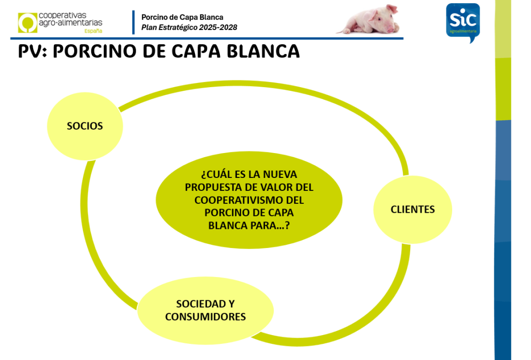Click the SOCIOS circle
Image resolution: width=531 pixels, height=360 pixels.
point(85,126)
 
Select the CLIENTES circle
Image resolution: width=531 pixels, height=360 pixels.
point(412,209)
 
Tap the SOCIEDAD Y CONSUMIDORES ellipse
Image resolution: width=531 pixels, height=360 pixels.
point(205,310)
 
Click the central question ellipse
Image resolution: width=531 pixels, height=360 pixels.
point(249,200)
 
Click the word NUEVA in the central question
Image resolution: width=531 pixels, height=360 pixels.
point(280,174)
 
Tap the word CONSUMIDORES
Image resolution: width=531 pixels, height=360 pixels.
point(205,316)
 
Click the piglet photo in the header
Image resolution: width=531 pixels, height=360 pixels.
point(369,20)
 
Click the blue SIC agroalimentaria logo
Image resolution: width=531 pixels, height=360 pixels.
point(463,22)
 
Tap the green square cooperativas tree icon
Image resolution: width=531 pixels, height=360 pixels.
point(27,23)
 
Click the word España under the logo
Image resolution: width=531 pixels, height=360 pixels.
point(93,31)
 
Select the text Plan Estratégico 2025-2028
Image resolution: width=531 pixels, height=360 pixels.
point(189,27)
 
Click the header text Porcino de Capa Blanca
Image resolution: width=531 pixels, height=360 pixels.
point(182,17)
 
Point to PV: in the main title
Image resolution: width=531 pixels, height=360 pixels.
point(33,51)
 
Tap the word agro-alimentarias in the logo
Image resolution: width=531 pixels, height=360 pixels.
point(71,23)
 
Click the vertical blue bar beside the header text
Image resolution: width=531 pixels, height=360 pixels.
point(133,22)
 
